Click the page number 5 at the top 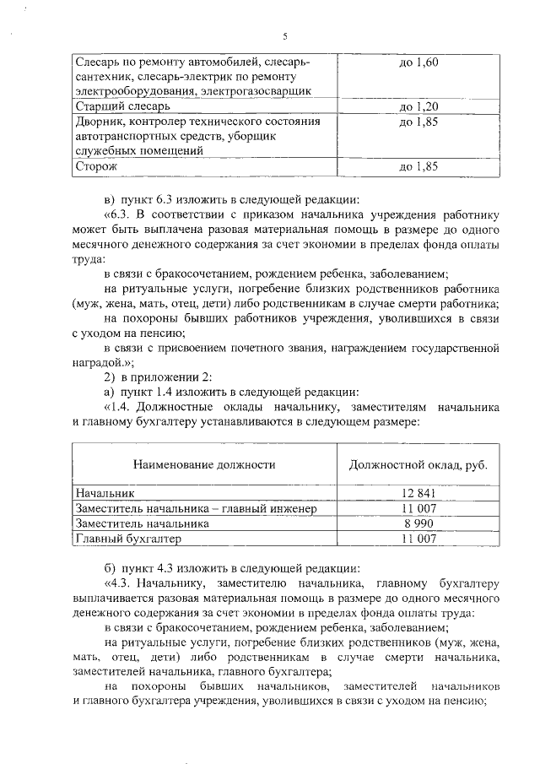[285, 36]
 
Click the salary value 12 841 [419, 493]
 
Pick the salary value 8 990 [419, 523]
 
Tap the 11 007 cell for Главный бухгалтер [419, 539]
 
